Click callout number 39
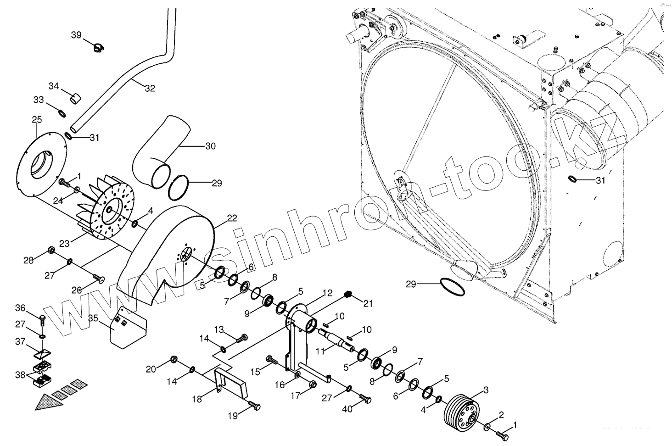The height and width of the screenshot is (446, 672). click(76, 35)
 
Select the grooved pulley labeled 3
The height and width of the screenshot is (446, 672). click(461, 410)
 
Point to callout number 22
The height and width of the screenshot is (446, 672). click(232, 218)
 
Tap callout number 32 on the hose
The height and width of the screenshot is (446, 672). click(150, 89)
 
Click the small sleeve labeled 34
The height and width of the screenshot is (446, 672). click(75, 98)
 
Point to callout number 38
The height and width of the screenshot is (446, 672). click(20, 374)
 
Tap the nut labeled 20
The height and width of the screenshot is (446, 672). click(174, 358)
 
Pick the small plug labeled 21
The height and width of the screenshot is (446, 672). click(347, 294)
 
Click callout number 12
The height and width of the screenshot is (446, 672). click(327, 292)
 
